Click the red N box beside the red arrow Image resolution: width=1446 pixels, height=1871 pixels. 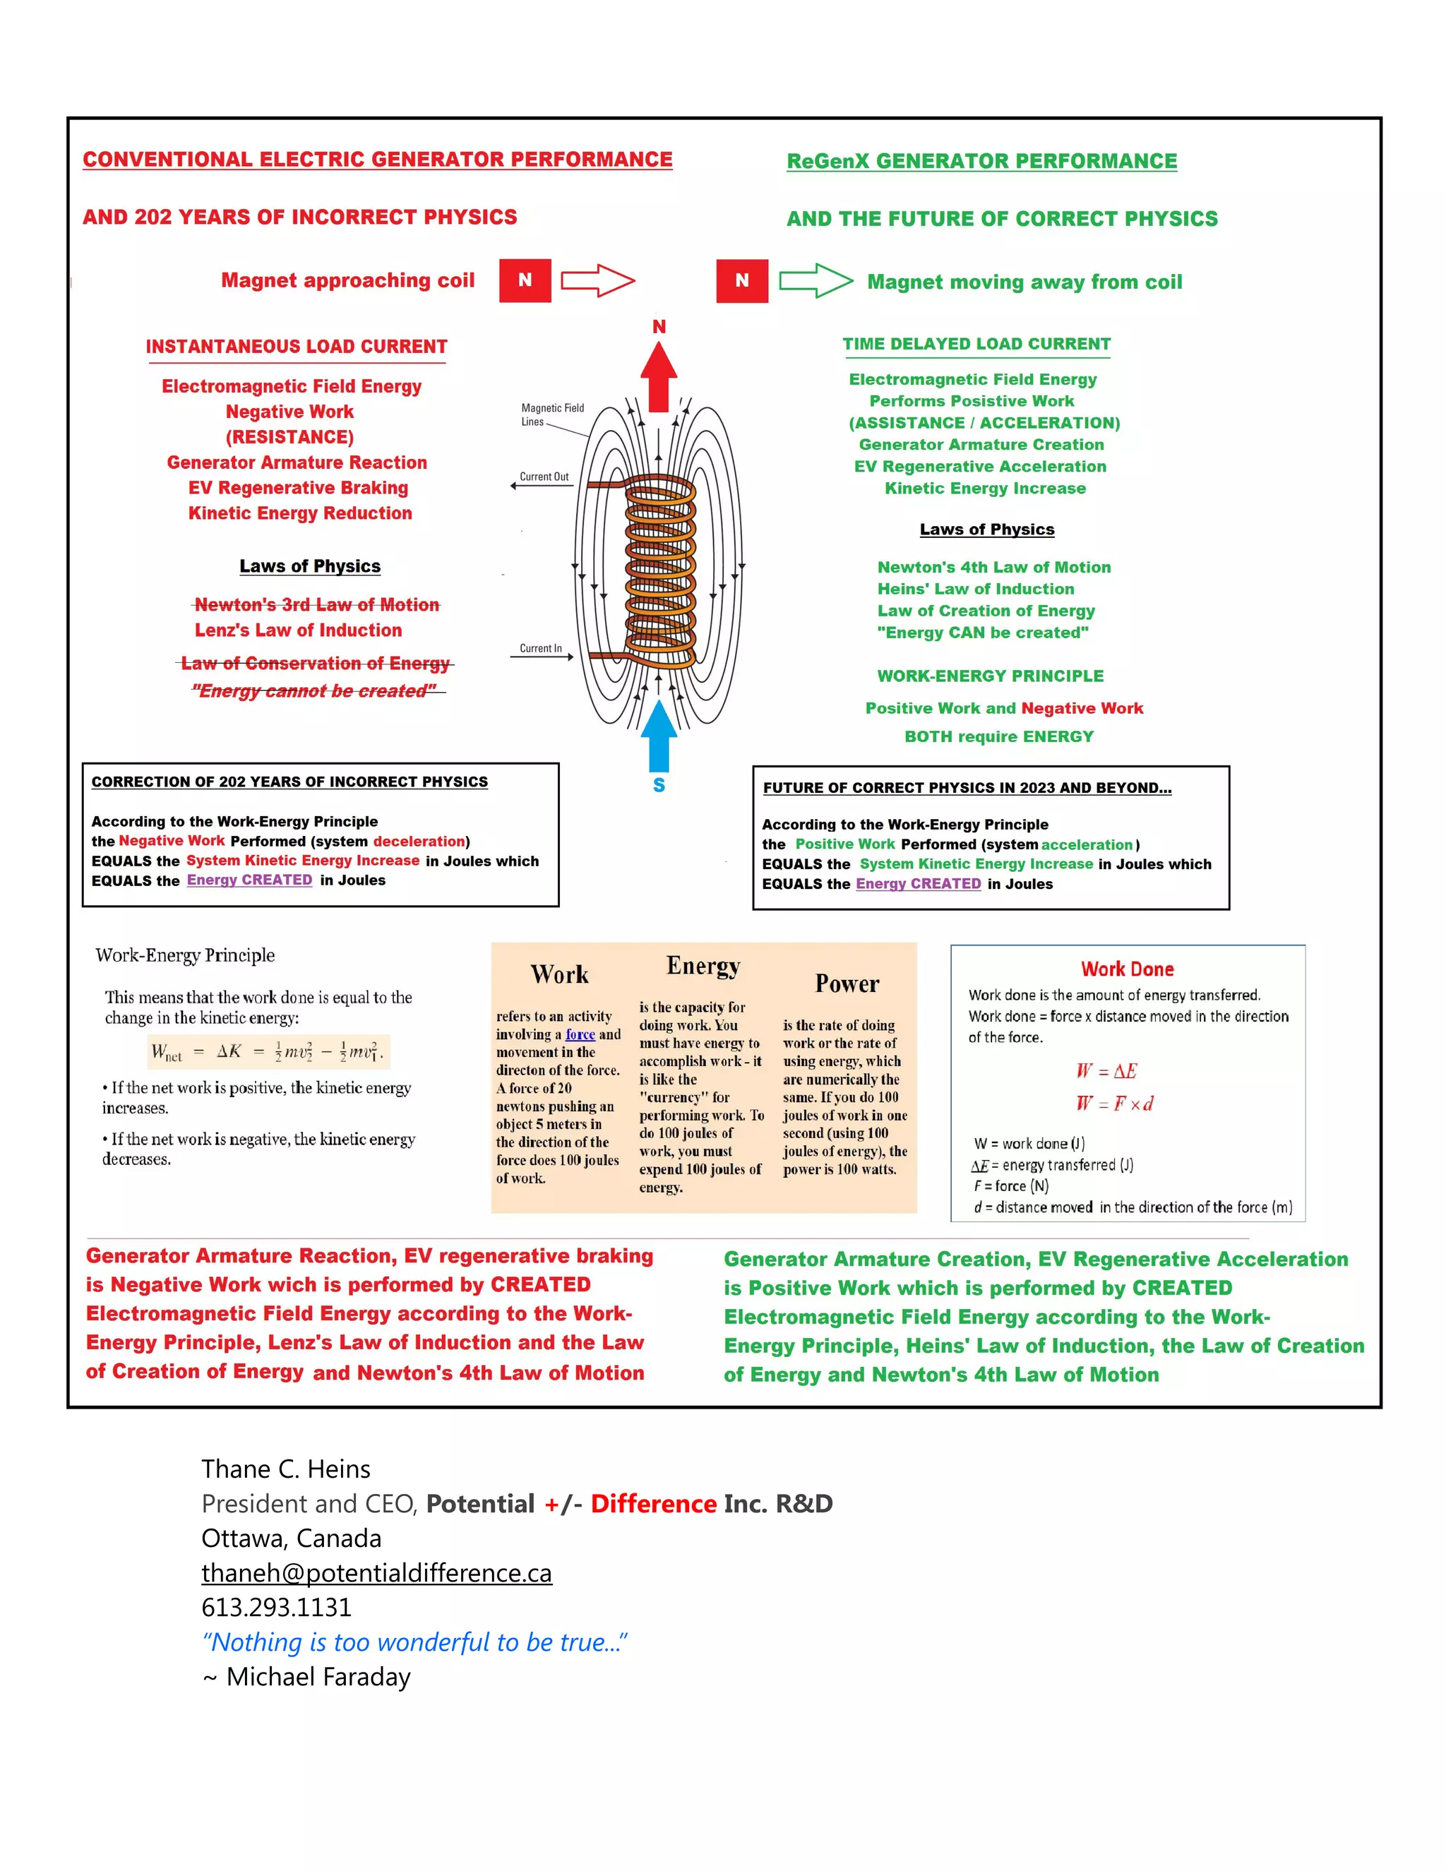pos(525,280)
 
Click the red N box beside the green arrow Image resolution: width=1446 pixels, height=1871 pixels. pos(742,280)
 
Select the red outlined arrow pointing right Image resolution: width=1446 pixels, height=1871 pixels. pos(597,280)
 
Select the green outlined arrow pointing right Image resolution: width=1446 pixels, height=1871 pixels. pos(815,280)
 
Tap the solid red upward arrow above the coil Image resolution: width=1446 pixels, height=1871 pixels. pos(659,377)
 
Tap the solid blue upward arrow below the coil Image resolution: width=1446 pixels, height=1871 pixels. pos(659,735)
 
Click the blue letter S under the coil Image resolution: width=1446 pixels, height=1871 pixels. pos(659,784)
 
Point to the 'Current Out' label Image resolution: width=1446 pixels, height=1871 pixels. pos(544,477)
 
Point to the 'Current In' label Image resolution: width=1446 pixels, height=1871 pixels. pos(541,649)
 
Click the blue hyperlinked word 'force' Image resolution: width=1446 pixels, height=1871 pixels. pos(580,1035)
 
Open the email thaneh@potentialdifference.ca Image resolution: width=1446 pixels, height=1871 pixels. pos(376,1573)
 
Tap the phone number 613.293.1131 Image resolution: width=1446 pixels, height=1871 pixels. pos(277,1607)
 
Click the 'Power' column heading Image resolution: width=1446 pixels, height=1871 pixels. pos(847,984)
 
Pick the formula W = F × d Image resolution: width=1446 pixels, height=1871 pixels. pos(1114,1104)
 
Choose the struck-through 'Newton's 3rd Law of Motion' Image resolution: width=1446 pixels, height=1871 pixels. pos(316,605)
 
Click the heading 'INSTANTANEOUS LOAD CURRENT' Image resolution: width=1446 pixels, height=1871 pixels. pos(297,347)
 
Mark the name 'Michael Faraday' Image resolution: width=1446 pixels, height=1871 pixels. pos(318,1677)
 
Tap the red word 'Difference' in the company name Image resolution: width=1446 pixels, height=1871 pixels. pos(653,1503)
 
